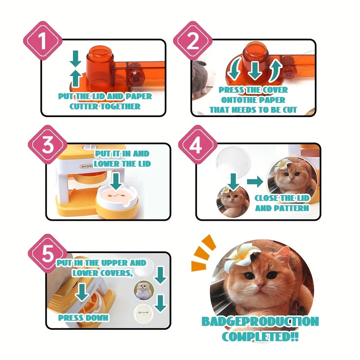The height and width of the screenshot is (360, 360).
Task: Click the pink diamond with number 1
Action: point(43,41)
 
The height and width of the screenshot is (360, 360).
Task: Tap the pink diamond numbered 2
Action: point(193,41)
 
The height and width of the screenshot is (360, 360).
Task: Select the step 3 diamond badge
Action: point(48,145)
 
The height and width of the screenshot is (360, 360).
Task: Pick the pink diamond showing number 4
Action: point(198,145)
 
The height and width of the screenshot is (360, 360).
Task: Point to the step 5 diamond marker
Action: point(48,253)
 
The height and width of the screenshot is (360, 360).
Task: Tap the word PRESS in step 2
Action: point(231,90)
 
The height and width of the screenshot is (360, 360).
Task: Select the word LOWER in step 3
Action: point(107,164)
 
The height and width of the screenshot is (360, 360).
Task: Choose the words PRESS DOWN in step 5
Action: point(83,318)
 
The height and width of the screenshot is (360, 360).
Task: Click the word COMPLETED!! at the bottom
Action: point(260,337)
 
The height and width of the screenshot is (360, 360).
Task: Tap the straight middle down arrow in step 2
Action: point(255,71)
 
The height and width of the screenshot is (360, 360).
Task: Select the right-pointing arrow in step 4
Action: point(255,182)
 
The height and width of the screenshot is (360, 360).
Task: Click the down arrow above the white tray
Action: point(116,182)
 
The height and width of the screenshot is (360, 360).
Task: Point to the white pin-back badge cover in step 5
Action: point(143,314)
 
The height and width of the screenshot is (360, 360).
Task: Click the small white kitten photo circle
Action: point(144,290)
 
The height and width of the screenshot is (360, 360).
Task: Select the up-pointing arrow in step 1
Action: point(76,78)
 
